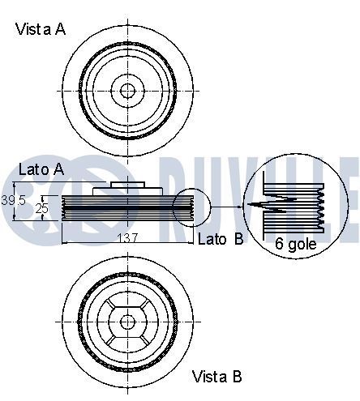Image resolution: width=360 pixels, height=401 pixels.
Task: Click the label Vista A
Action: (x=41, y=29)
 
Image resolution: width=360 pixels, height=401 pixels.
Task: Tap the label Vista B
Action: (x=216, y=376)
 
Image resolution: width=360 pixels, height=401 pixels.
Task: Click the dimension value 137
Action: (x=128, y=238)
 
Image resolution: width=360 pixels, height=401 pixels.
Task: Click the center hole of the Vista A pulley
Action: (x=126, y=89)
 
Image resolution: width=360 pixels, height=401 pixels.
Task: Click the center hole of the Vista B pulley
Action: (x=126, y=322)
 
